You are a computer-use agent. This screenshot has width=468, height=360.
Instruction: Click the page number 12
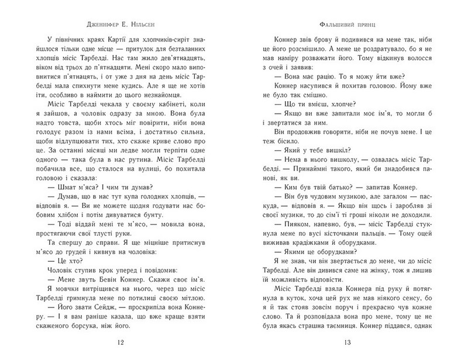click(x=120, y=342)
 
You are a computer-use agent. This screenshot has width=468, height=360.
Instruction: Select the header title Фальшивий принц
click(x=347, y=26)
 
